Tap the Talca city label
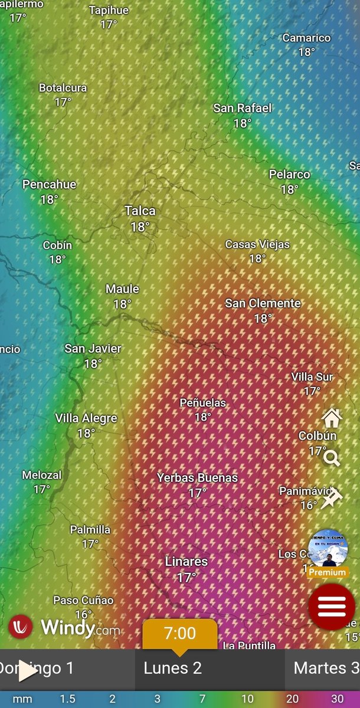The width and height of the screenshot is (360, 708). pyautogui.click(x=140, y=211)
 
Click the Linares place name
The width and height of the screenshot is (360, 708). pyautogui.click(x=186, y=562)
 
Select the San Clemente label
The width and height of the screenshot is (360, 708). pyautogui.click(x=263, y=303)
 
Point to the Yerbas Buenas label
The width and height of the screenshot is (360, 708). pyautogui.click(x=197, y=478)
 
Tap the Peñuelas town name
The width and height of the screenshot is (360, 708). pyautogui.click(x=203, y=403)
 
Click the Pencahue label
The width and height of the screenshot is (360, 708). pyautogui.click(x=50, y=185)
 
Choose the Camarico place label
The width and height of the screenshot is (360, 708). pyautogui.click(x=306, y=38)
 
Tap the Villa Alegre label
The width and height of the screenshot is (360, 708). pyautogui.click(x=86, y=418)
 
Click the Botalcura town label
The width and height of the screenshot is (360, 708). pyautogui.click(x=63, y=88)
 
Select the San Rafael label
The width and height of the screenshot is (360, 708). pyautogui.click(x=243, y=108)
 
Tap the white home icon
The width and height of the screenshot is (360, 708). pyautogui.click(x=332, y=418)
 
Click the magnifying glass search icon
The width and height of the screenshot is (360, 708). pyautogui.click(x=332, y=458)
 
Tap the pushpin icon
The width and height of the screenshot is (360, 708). pyautogui.click(x=332, y=499)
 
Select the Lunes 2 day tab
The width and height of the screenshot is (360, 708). pyautogui.click(x=173, y=668)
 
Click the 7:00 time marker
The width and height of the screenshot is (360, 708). pyautogui.click(x=179, y=634)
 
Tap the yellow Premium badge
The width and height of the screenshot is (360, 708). pyautogui.click(x=328, y=572)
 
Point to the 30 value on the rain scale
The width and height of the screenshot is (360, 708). pyautogui.click(x=337, y=699)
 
